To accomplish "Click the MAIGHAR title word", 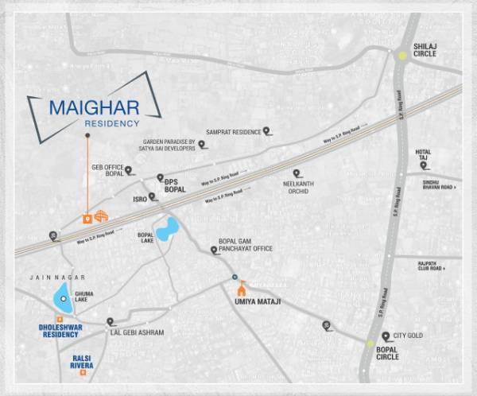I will pos(95,107).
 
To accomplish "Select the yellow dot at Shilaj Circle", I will pos(403,55).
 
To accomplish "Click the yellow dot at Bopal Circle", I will pos(370,343).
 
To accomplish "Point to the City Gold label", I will pos(408,336).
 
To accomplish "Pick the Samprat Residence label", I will pos(233,131).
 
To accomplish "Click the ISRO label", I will pos(139,200).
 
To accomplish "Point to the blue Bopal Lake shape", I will pos(168,229).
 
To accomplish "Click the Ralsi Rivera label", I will pos(82,362).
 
